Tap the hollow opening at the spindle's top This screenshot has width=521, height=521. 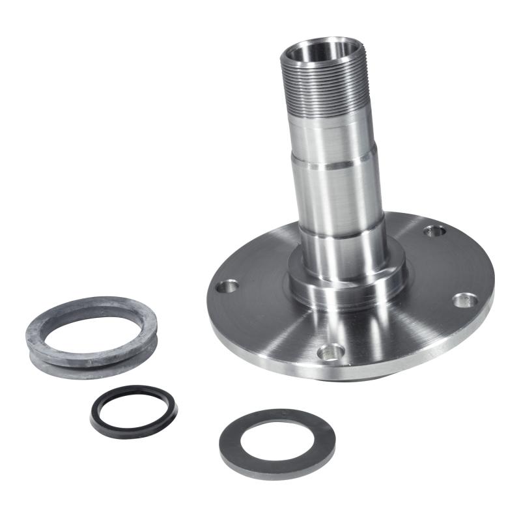(x=319, y=51)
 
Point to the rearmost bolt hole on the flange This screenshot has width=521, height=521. (x=434, y=230)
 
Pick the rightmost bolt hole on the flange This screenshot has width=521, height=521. (x=464, y=300)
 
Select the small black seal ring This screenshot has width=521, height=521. (x=134, y=426)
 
